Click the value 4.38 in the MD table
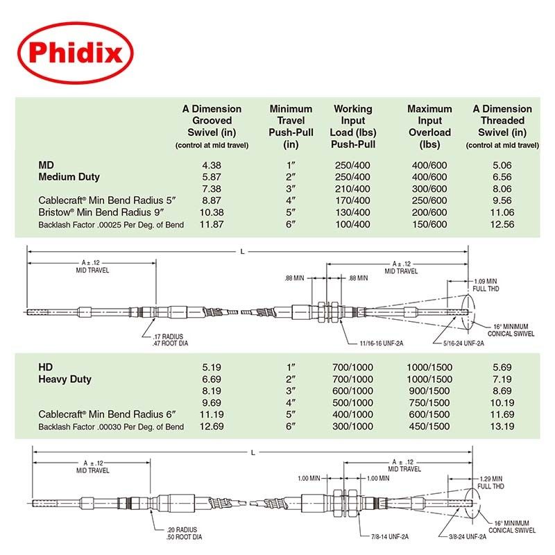(212, 166)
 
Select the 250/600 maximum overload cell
(429, 200)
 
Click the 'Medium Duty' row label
(69, 177)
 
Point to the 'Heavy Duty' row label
(65, 379)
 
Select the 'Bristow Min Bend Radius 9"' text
(108, 212)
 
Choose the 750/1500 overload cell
(429, 402)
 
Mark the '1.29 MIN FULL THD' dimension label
(494, 482)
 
